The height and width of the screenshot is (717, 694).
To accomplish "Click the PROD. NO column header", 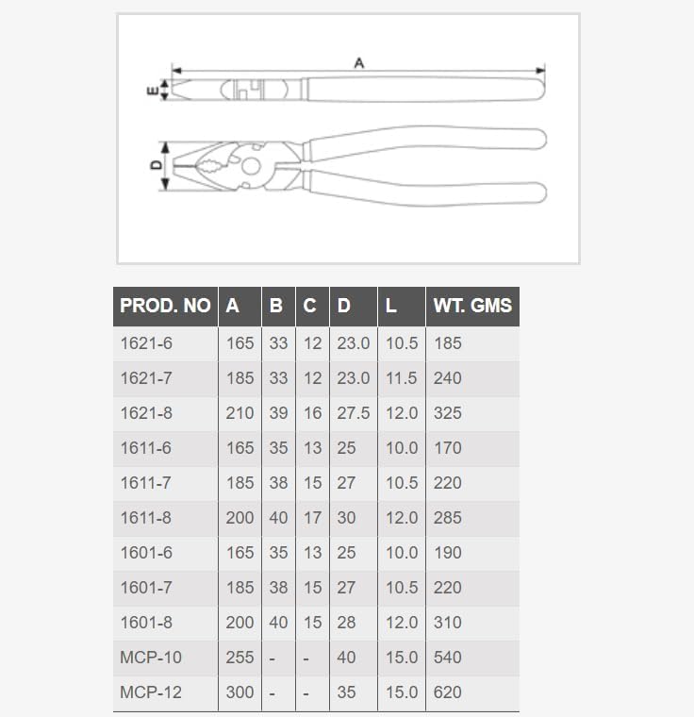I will (165, 306).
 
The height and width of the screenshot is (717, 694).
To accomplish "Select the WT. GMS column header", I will (471, 306).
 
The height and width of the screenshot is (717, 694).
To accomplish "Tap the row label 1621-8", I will (146, 413).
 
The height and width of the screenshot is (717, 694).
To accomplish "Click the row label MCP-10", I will (151, 658).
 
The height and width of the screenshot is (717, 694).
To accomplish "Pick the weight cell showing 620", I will (448, 692).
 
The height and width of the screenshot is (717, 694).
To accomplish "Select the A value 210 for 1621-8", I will (240, 413).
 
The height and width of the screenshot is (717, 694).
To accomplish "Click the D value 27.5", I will (354, 413).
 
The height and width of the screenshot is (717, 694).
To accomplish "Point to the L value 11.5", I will (401, 378).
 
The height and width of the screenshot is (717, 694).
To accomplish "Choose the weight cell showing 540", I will (448, 658).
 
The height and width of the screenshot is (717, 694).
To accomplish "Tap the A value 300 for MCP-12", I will (240, 692).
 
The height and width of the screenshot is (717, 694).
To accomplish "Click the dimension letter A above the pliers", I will (358, 62).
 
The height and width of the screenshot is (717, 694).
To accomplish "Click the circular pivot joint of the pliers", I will (251, 167).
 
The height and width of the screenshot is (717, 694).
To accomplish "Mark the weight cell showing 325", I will (448, 413).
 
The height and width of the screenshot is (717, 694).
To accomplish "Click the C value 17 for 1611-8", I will (312, 518).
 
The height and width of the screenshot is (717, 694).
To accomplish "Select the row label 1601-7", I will (146, 588).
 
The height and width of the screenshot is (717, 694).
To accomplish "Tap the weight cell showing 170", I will (448, 448).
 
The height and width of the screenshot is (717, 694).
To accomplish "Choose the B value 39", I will (278, 413).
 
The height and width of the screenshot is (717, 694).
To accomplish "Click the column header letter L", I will (391, 306).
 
